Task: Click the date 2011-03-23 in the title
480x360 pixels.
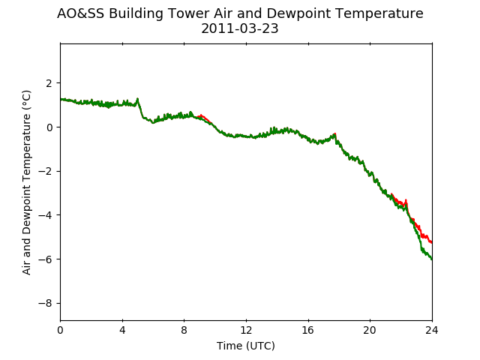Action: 240,28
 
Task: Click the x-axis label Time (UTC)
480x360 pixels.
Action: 246,346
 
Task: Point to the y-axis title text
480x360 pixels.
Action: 27,182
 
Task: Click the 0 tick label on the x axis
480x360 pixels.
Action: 60,330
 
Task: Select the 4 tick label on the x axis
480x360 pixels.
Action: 122,330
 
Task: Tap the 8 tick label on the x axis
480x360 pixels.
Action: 184,330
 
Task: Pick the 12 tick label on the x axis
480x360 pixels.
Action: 246,330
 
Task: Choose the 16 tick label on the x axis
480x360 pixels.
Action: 308,330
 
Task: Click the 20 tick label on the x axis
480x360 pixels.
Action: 370,330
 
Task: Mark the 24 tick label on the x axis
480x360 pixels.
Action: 432,330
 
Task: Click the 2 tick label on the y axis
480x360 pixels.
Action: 49,83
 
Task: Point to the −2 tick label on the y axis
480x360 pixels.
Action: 45,171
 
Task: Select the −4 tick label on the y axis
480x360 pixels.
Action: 45,215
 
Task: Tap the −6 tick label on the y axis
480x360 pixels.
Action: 45,259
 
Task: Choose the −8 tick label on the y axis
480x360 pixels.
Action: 45,303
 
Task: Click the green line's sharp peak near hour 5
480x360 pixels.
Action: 137,98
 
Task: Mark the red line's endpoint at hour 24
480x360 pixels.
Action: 432,242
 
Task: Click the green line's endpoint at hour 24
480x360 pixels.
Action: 432,259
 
